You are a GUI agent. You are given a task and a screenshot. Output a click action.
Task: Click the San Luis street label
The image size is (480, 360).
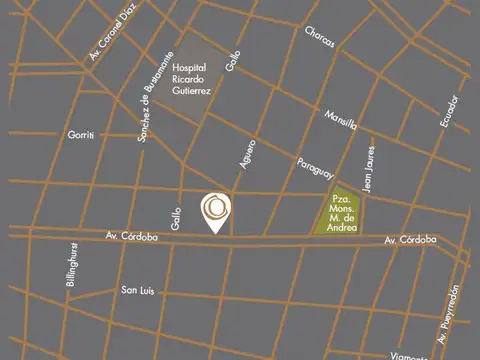[137, 291]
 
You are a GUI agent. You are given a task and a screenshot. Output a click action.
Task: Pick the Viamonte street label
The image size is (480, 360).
[411, 353]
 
